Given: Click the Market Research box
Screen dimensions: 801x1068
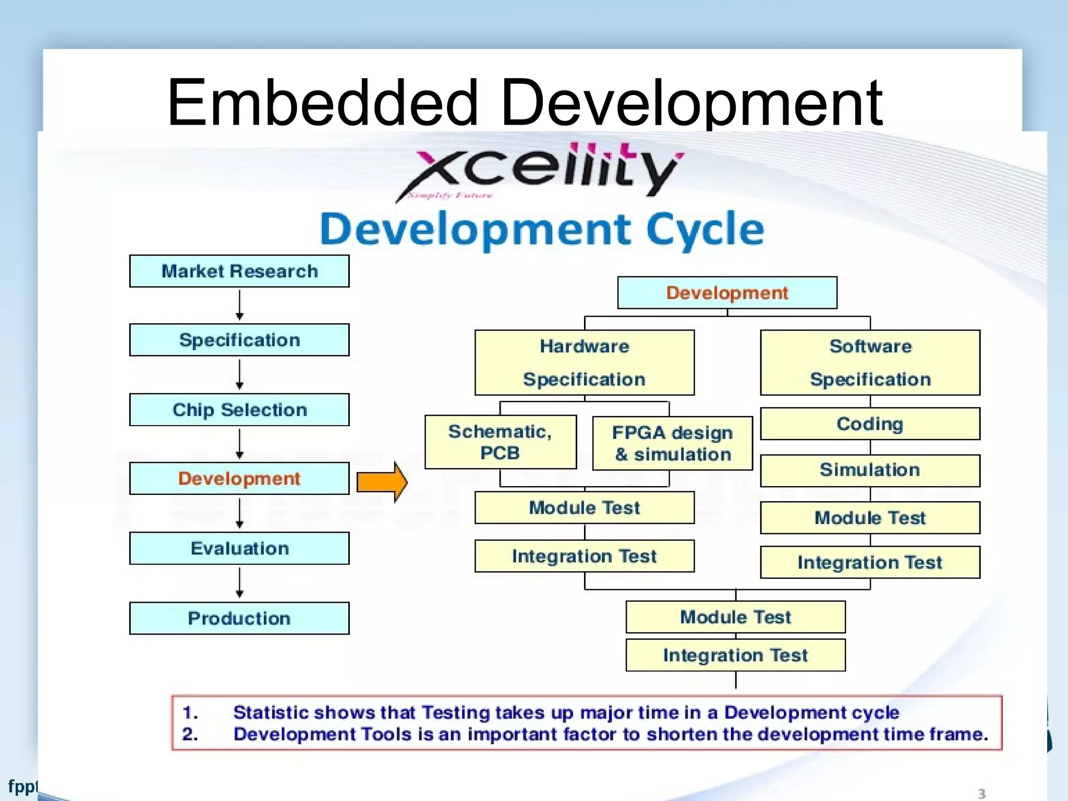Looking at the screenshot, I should (x=239, y=271).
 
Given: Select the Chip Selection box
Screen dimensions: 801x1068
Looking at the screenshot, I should (x=239, y=410).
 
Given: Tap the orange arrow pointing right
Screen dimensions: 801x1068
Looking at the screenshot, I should (x=382, y=482).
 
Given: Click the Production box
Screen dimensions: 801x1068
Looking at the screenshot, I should (x=239, y=618).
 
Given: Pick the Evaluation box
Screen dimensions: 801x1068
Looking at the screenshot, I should (x=239, y=549).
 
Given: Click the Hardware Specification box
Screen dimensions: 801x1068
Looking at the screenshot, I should (x=585, y=363).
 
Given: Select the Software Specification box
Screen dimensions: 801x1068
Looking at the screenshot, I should (x=870, y=363).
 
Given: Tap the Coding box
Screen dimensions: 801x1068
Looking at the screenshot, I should (x=870, y=424).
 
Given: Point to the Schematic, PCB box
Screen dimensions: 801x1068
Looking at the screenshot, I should (x=501, y=442).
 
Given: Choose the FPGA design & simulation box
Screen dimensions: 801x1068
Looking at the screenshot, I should (x=673, y=444).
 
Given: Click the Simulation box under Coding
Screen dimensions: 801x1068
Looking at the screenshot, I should (x=870, y=470).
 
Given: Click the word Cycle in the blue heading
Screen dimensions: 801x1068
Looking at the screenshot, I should (x=705, y=229).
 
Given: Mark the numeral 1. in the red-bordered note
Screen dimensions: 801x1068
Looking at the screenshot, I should (x=190, y=713).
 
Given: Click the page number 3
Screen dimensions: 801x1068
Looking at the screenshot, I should (x=981, y=793).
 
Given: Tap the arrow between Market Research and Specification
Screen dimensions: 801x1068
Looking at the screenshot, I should (x=239, y=305).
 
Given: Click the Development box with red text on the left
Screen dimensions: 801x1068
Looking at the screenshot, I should (x=239, y=479).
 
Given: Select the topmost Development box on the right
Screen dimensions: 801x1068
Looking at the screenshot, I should (x=727, y=293).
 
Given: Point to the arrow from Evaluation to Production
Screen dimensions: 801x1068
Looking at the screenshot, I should (x=239, y=582).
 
